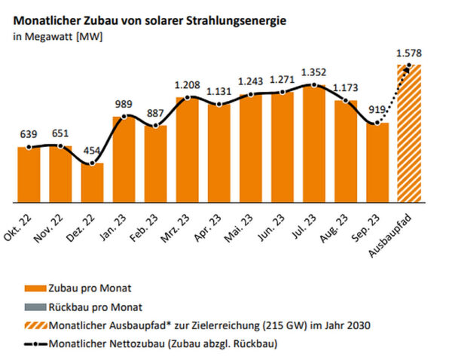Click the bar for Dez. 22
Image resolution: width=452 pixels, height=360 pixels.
[92, 183]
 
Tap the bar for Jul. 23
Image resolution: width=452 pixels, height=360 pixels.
[314, 144]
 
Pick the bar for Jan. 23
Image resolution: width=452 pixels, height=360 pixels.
[124, 160]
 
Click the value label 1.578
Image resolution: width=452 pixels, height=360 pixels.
[409, 53]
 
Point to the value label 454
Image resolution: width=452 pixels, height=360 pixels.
[92, 151]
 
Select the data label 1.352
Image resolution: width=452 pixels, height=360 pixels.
[314, 73]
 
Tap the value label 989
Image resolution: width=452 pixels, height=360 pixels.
[124, 104]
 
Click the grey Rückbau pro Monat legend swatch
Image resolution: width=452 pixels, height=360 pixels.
[32, 307]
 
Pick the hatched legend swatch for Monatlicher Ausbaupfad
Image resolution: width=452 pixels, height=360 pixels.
[32, 325]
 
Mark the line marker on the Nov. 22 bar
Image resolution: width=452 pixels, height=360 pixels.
[60, 146]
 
